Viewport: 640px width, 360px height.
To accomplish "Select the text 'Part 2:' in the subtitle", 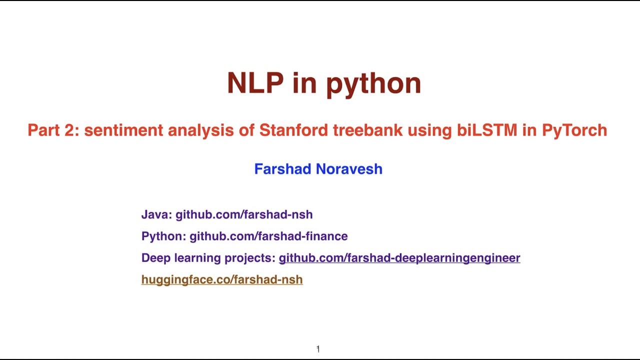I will (53, 130).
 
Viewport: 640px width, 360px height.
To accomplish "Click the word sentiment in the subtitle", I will (123, 130).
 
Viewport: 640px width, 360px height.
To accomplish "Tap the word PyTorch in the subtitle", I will (574, 130).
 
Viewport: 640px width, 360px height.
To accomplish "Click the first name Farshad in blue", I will (283, 169).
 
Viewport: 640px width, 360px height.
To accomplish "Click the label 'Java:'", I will (156, 214).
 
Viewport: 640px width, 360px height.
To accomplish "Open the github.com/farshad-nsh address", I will (244, 214).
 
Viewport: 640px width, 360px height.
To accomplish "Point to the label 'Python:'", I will (163, 236).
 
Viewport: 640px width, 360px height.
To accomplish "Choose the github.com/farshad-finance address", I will (268, 236).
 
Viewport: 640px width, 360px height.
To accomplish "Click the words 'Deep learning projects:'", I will (208, 258).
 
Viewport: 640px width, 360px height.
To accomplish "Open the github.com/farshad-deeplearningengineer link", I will (399, 258).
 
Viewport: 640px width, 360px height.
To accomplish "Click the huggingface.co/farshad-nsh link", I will (222, 279).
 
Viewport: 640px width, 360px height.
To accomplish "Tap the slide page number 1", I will (318, 349).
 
